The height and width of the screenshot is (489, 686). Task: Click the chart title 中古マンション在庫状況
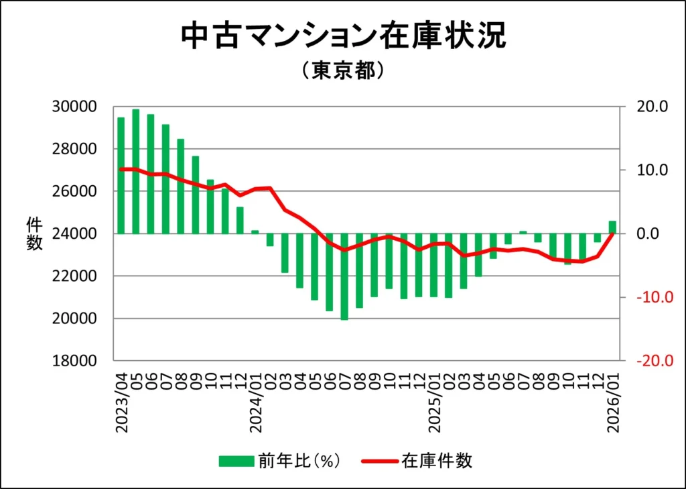click(343, 37)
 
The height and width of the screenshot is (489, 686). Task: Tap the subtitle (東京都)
click(342, 70)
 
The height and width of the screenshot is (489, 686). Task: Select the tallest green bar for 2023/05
click(136, 171)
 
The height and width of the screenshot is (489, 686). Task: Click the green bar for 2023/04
click(121, 175)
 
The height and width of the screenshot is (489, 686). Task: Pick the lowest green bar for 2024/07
click(344, 276)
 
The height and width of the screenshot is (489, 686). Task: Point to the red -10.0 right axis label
click(644, 297)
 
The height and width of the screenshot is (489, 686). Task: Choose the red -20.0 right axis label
click(644, 361)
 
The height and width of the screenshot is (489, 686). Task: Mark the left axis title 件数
click(34, 234)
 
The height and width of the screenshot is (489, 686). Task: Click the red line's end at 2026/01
click(612, 233)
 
